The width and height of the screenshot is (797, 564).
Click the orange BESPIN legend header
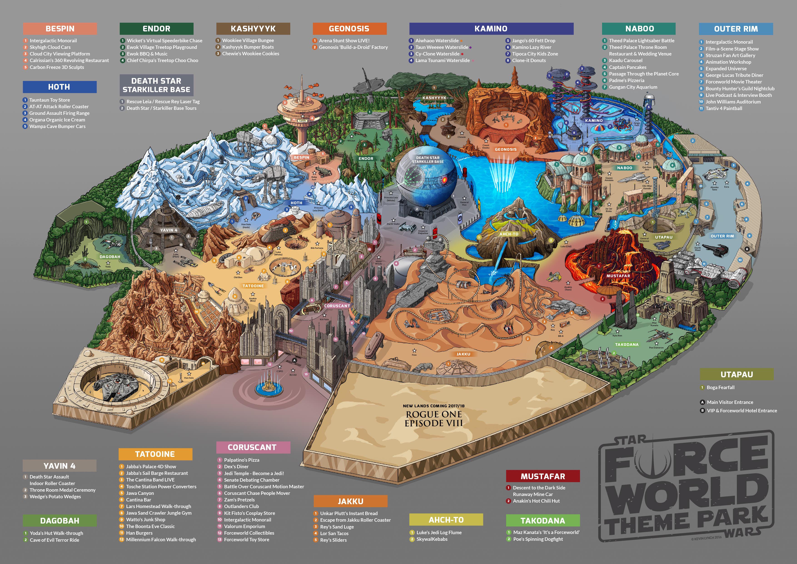(60, 28)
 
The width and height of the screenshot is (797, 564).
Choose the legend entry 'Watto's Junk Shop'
(145, 519)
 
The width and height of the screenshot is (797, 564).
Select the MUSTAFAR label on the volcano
(618, 276)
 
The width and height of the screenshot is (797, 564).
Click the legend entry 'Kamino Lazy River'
(531, 47)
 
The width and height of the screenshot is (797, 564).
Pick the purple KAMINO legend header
(491, 28)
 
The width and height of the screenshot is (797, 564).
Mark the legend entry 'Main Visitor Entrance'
(730, 402)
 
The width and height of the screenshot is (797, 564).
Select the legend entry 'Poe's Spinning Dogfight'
(538, 539)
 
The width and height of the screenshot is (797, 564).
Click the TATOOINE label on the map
(253, 286)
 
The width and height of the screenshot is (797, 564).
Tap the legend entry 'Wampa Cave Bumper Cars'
(57, 126)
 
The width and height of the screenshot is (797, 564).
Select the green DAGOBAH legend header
(60, 521)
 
